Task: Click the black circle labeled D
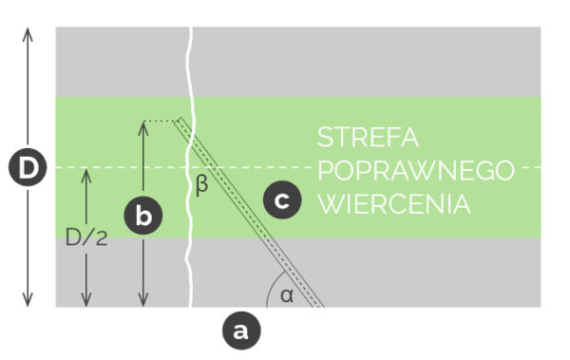pos(29,169)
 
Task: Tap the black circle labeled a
pos(239,331)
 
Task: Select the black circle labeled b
pos(143,216)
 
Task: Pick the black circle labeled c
pos(282,200)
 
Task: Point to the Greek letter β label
pos(201,185)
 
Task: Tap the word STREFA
pos(368,138)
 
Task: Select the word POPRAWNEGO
pos(415,171)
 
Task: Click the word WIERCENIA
pos(394,204)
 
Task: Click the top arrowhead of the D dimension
pos(29,32)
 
